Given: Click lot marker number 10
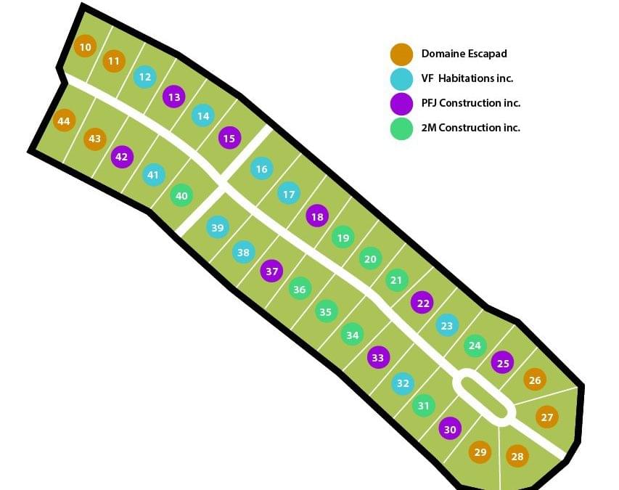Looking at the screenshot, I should pos(86,47).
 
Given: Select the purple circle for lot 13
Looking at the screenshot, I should pos(173,97).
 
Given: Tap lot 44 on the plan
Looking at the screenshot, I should pos(64,121).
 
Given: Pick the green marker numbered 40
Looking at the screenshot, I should pos(181,196).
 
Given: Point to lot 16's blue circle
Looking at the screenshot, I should pos(261,169).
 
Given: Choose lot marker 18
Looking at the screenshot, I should pos(316,216).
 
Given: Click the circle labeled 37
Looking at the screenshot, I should pos(271,271).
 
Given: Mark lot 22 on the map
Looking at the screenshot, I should pos(422,303).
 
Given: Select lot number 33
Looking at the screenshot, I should pos(377,357).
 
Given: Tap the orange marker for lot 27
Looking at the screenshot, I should pos(547,417).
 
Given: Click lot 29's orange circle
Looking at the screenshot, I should pos(480,452).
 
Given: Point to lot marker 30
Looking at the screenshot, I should pos(450,429).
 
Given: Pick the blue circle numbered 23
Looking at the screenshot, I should pos(446,326).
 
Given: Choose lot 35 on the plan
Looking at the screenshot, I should pos(326,312).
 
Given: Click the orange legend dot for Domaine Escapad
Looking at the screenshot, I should pos(401,54).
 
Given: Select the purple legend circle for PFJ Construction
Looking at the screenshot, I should pos(401,104).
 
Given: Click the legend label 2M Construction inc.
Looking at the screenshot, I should pos(470,128).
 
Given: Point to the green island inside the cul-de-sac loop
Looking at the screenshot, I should pos(484,396).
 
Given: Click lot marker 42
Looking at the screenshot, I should pos(121,156).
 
